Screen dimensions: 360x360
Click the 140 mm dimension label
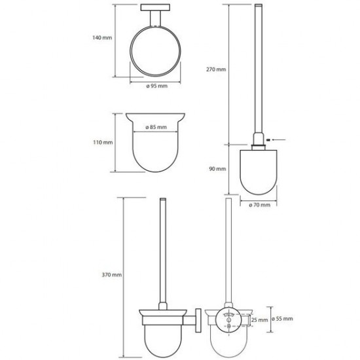pos(102,37)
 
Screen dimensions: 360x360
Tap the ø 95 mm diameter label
pos(157,86)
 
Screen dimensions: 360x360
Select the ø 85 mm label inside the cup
pos(156,127)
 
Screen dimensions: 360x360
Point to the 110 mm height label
pos(103,142)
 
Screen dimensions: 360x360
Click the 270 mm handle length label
pos(216,69)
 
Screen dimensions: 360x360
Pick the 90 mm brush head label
pos(217,169)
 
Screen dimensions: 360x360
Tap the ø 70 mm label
pos(260,205)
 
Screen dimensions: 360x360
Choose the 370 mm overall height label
pos(112,275)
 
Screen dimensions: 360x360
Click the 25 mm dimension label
pos(260,320)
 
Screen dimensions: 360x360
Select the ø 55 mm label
pos(282,319)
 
